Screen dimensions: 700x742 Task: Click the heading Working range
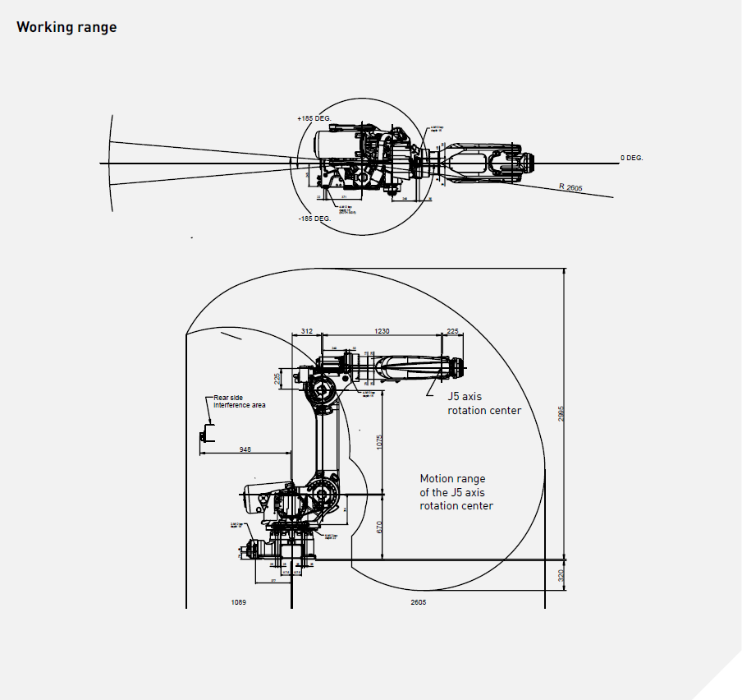(x=66, y=27)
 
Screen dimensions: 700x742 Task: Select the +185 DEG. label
(x=314, y=118)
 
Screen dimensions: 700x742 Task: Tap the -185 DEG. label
(x=314, y=219)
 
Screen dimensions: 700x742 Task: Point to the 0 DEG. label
(x=631, y=157)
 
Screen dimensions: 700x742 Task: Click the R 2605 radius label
(x=570, y=188)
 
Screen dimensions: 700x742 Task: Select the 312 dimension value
(x=307, y=331)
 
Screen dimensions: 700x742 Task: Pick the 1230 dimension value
(x=382, y=331)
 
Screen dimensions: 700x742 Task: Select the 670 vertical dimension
(x=379, y=527)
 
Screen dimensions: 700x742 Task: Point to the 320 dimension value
(x=562, y=574)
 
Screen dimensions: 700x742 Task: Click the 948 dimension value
(x=245, y=449)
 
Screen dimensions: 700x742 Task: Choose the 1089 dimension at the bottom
(x=239, y=602)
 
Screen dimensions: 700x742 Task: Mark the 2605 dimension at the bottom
(x=418, y=602)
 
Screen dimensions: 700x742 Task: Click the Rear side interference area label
(x=239, y=401)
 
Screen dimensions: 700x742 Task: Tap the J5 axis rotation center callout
(x=483, y=403)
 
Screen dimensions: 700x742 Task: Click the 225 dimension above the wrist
(x=452, y=331)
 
